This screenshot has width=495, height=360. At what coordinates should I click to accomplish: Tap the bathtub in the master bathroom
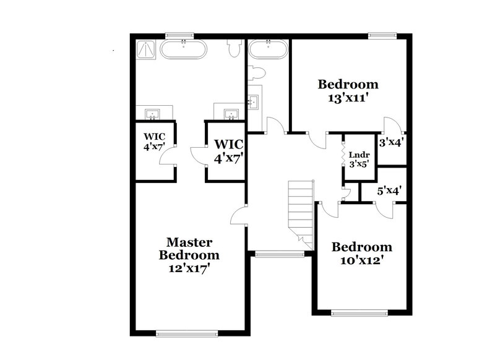(x=184, y=49)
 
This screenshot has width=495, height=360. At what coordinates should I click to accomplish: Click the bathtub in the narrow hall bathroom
(x=268, y=49)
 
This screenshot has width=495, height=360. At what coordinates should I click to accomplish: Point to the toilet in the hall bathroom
(x=257, y=73)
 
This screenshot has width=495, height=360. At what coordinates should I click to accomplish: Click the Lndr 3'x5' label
(x=359, y=159)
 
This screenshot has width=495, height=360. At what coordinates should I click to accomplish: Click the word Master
(x=189, y=242)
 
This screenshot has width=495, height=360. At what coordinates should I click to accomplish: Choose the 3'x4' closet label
(x=391, y=142)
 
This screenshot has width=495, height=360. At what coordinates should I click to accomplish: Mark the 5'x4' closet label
(x=390, y=191)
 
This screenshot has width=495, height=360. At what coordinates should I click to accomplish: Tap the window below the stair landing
(x=280, y=253)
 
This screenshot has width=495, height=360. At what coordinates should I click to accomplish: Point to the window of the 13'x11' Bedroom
(x=382, y=35)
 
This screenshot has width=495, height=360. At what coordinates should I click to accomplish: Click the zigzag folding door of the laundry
(x=343, y=158)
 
